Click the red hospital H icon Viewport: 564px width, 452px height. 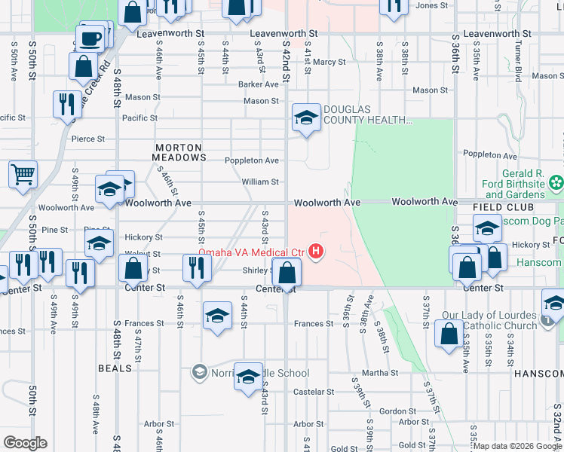point(317,252)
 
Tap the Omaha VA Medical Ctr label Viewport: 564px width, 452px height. point(250,252)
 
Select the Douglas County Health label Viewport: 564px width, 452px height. point(367,115)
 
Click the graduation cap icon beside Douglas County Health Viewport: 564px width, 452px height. point(306,117)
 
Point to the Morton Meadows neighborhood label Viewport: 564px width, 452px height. point(179,152)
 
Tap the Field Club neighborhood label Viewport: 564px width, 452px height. point(503,207)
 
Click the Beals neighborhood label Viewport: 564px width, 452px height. point(115,368)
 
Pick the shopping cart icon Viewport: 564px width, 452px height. point(23,174)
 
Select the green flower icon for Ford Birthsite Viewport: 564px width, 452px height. point(556,182)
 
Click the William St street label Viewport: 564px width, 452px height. point(260,182)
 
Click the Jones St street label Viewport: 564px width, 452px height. point(432,5)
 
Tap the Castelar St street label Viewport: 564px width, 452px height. point(313,392)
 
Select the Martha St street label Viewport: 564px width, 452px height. point(380,373)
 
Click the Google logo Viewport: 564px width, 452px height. point(25,443)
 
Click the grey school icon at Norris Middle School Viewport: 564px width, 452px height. point(199,372)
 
